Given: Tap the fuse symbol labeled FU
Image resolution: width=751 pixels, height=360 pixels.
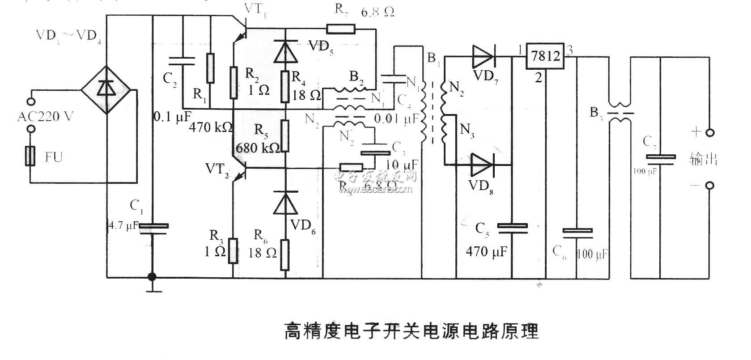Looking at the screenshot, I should tap(30, 156).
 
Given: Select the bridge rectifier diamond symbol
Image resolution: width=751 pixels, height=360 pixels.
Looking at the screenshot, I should tap(106, 89).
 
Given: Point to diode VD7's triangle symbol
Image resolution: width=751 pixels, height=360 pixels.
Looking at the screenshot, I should tap(482, 56).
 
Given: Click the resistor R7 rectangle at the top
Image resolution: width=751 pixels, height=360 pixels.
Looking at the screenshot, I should tap(341, 30).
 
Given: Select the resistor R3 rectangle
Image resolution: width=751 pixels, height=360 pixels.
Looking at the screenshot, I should tap(233, 251).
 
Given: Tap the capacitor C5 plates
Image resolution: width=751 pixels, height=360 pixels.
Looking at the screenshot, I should tap(513, 228).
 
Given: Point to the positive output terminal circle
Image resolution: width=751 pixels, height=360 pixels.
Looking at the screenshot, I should tap(709, 133).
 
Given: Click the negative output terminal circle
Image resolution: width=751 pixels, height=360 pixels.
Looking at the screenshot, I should tap(709, 186).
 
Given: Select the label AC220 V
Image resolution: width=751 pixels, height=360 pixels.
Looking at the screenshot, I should tap(45, 117).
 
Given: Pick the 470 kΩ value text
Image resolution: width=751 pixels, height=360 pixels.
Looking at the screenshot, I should tap(211, 127).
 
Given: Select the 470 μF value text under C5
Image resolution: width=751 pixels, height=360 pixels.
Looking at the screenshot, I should tap(486, 252).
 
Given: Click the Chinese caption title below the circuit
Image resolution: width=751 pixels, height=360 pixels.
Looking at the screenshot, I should tap(412, 331).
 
